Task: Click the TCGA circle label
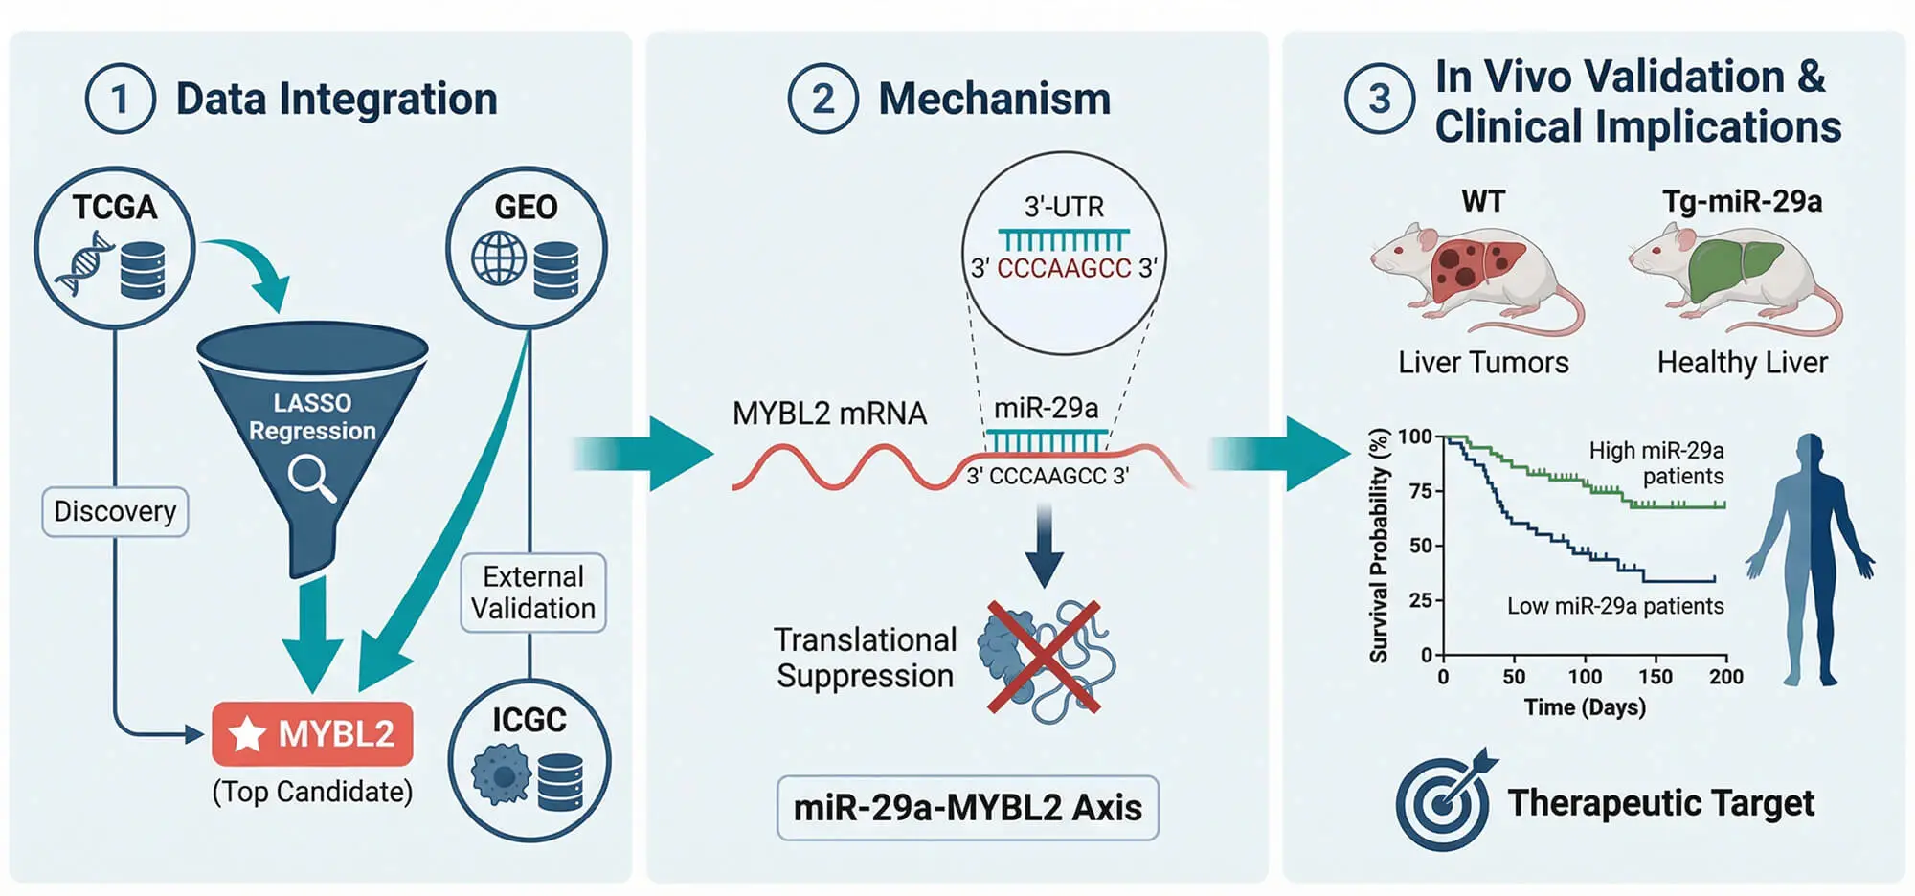pos(115,207)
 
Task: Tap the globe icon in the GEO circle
pos(499,258)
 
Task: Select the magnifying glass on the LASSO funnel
pos(312,477)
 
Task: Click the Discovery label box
pos(115,511)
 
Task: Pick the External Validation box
pos(532,593)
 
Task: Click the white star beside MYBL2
pos(247,734)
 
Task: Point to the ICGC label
pos(529,720)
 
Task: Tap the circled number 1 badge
pos(120,99)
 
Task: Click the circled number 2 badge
pos(822,99)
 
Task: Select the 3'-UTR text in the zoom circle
pos(1064,207)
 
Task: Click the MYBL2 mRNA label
pos(829,414)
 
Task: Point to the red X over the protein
pos(1044,657)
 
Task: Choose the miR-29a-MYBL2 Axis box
pos(967,808)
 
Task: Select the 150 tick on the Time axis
pos(1656,676)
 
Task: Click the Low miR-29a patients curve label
pos(1614,606)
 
